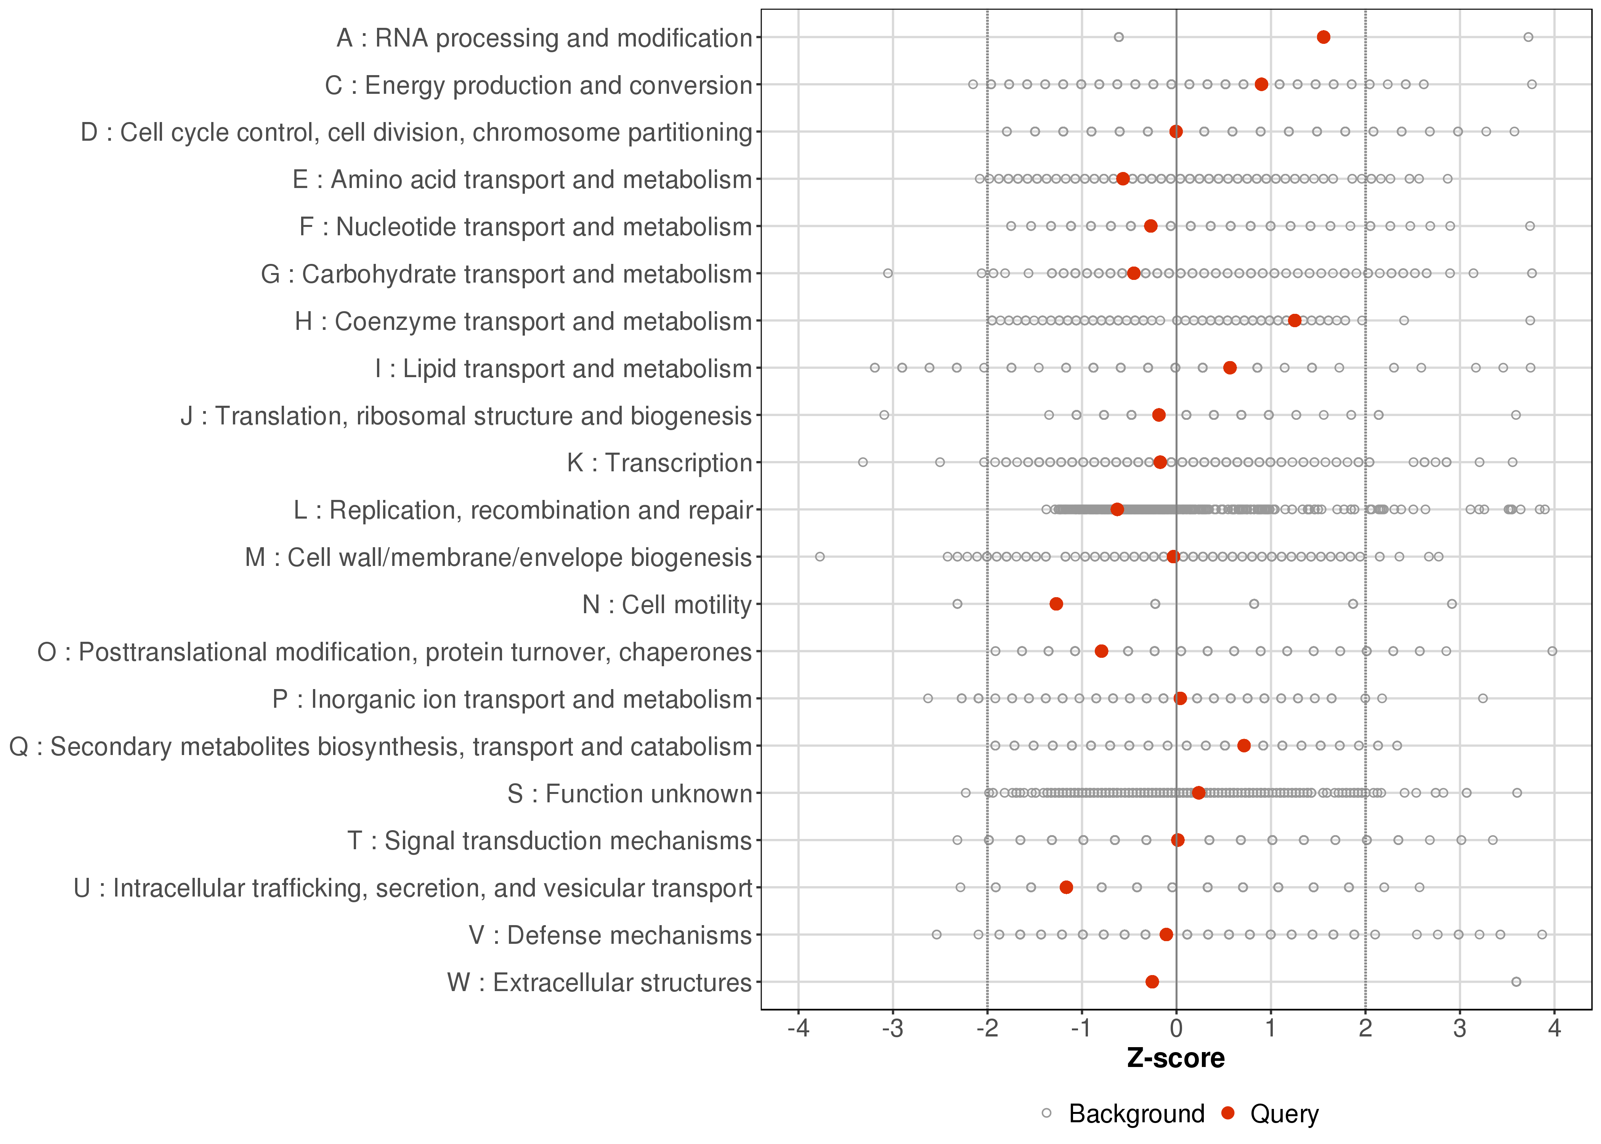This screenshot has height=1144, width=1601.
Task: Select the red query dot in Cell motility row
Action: (1056, 604)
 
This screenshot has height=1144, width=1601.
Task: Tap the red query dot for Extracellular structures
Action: (1152, 981)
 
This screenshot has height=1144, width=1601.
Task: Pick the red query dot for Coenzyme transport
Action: (1294, 321)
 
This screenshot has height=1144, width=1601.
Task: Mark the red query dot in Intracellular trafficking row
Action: (1066, 887)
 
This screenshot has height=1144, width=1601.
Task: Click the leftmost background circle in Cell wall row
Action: (820, 556)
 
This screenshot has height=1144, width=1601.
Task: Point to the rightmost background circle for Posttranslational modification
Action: (1552, 651)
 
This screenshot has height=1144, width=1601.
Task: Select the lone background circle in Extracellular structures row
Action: (1516, 981)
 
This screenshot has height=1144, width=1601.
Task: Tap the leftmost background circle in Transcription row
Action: (863, 462)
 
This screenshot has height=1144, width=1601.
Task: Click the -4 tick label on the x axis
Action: (798, 1029)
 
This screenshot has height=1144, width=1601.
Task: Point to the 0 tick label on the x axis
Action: (1176, 1029)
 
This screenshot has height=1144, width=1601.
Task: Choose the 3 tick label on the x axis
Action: (1460, 1029)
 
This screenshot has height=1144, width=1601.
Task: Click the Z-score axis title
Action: (1176, 1059)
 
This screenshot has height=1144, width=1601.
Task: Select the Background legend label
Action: (1136, 1114)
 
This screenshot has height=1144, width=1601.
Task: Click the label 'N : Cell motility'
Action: (667, 604)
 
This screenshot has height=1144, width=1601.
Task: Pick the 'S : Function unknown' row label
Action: (629, 794)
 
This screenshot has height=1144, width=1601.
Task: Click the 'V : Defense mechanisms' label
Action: (610, 935)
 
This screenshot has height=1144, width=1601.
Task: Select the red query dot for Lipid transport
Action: (1229, 368)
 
